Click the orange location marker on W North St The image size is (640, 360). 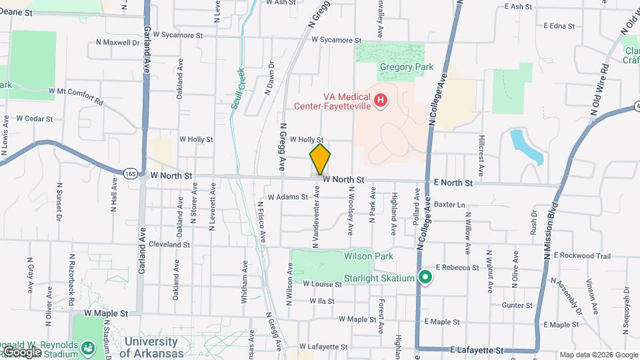pyautogui.click(x=320, y=159)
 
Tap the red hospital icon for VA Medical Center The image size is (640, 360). pyautogui.click(x=380, y=101)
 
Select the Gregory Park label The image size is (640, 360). pyautogui.click(x=407, y=67)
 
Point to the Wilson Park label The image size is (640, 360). pyautogui.click(x=369, y=256)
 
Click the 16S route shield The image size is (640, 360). pyautogui.click(x=130, y=174)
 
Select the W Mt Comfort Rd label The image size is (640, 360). pyautogui.click(x=75, y=96)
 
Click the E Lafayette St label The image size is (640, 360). pyautogui.click(x=475, y=349)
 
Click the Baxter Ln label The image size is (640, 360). pyautogui.click(x=448, y=204)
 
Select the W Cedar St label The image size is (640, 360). pyautogui.click(x=34, y=118)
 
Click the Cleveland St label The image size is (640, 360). pyautogui.click(x=169, y=245)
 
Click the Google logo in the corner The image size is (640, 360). pyautogui.click(x=22, y=351)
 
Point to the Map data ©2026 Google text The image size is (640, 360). pyautogui.click(x=597, y=355)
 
